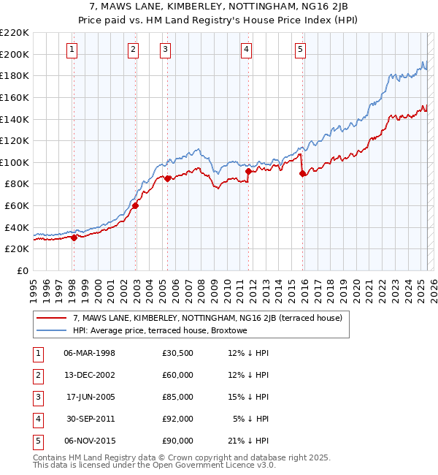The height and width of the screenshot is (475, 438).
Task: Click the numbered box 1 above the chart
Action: point(73,50)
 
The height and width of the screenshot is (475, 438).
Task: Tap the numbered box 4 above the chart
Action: point(247,50)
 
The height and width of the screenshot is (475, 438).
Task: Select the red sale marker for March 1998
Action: point(74,237)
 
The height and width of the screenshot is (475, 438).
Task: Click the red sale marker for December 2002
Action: point(135,205)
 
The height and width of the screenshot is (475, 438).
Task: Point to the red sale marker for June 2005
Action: point(167,178)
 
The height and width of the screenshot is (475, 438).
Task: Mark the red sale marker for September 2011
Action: point(248,171)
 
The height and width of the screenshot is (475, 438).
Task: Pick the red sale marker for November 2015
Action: point(302,173)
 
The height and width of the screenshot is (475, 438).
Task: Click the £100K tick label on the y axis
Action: point(15,162)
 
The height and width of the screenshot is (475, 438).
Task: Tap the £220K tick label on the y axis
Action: point(15,33)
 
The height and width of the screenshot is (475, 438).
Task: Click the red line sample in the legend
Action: point(51,318)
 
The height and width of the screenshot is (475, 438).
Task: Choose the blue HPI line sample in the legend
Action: point(51,330)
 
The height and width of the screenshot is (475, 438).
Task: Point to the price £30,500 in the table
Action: point(178,353)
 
